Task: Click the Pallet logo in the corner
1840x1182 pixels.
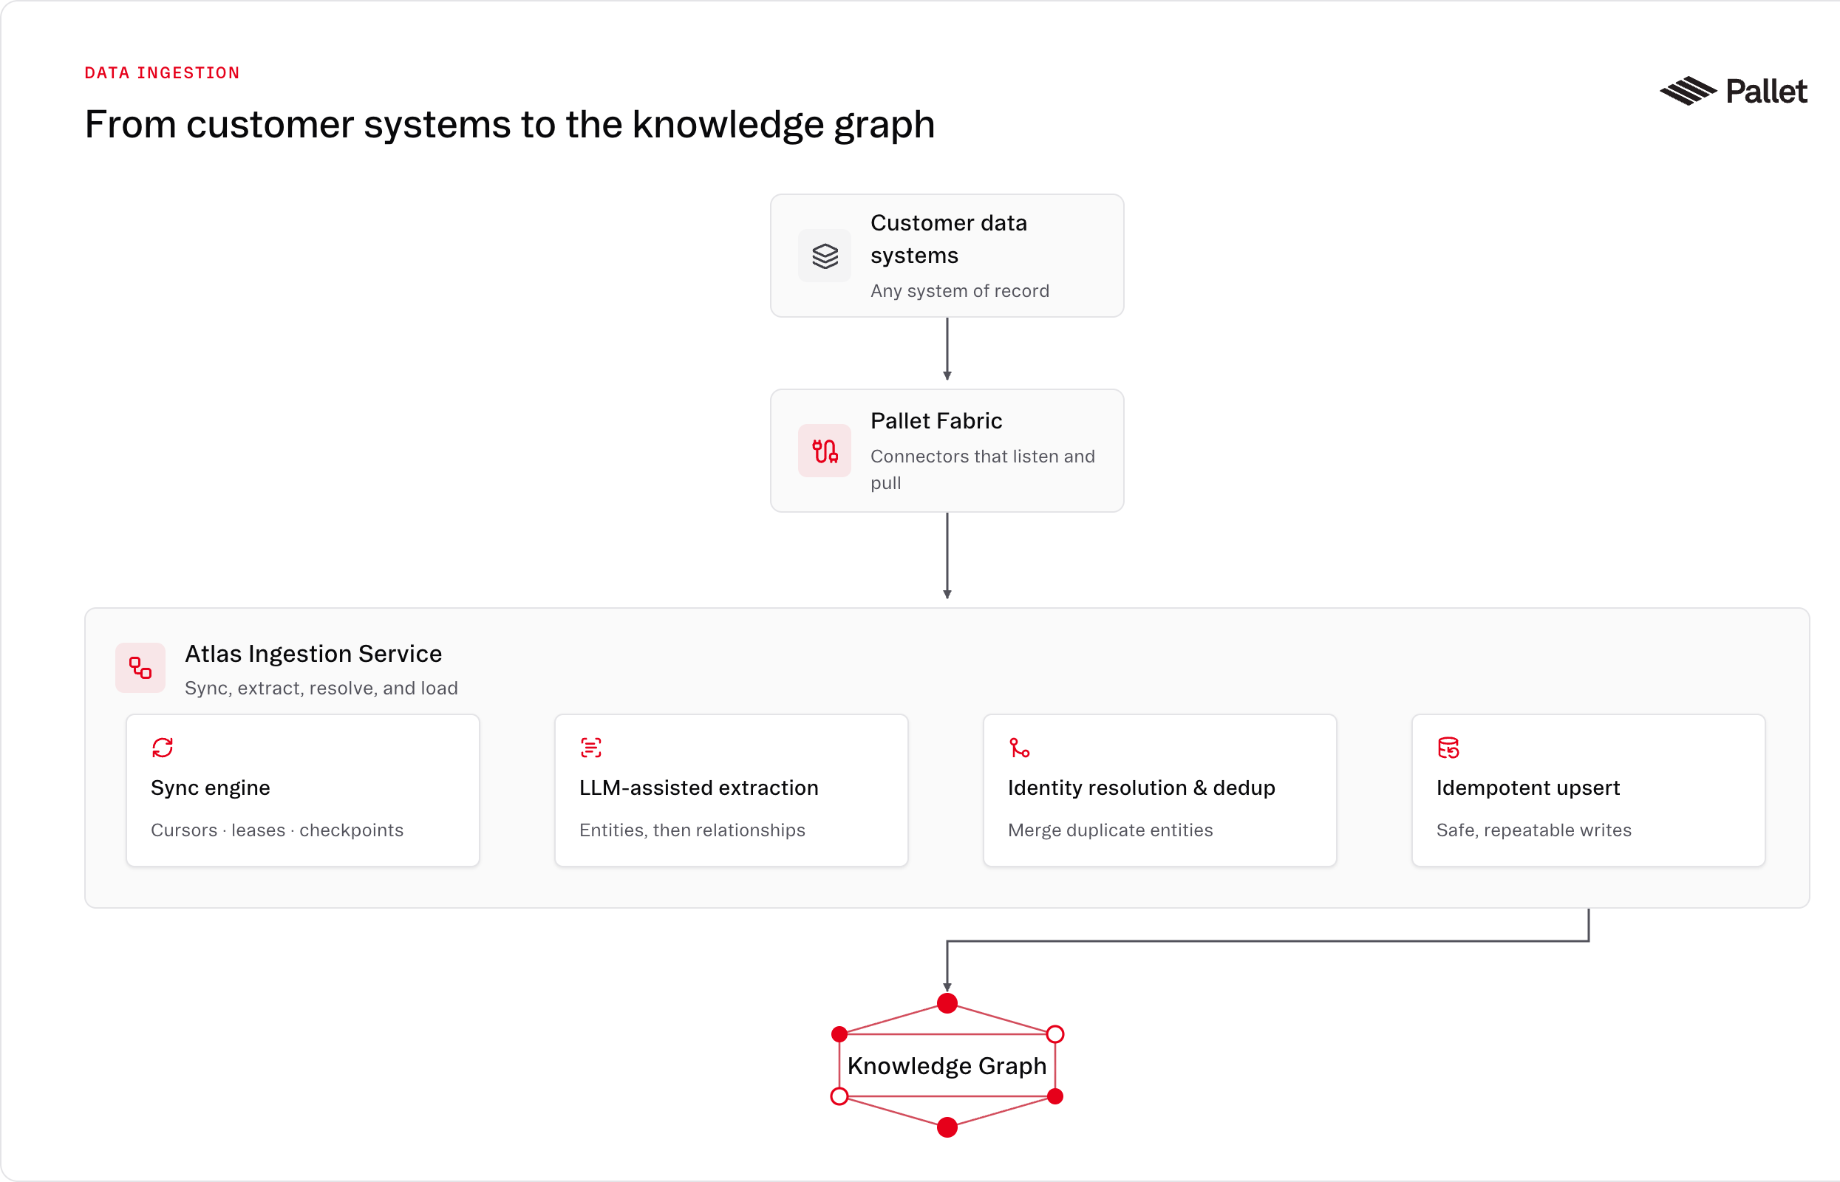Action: pos(1733,91)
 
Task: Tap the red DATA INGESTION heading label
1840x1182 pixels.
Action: pos(162,73)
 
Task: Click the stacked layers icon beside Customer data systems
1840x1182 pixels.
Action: pos(825,256)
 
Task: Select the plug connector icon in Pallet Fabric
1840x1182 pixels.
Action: pos(825,451)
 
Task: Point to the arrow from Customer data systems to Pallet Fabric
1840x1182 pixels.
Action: pos(947,349)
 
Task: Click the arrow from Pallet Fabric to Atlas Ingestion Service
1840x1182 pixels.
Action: pos(947,556)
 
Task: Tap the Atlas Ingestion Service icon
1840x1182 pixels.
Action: pos(140,668)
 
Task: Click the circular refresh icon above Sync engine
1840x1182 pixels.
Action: pos(163,748)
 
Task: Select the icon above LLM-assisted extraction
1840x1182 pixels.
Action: pos(591,748)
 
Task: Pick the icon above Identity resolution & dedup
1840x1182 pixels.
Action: pos(1020,748)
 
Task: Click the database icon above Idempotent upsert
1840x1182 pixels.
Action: pos(1448,748)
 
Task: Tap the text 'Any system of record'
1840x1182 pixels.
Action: pos(959,291)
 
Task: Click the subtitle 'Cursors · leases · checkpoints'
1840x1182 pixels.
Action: pos(277,830)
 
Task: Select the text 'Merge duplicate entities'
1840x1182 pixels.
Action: pos(1110,830)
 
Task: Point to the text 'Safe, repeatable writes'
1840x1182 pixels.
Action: pos(1534,830)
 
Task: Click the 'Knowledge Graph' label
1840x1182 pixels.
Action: pos(947,1065)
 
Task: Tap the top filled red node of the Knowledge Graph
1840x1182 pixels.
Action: pos(947,1003)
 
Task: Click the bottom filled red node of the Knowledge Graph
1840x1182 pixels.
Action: pos(947,1127)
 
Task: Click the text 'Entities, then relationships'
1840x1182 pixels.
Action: pos(692,830)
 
